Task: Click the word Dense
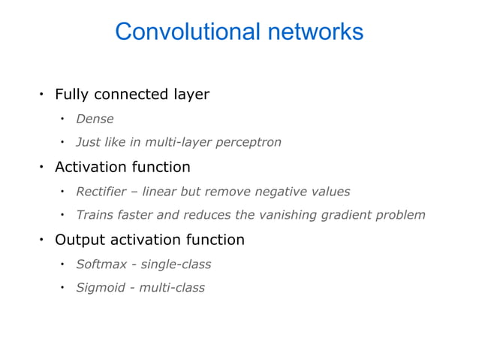[95, 119]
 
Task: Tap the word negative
[281, 192]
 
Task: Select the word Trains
[95, 216]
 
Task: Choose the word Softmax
[101, 265]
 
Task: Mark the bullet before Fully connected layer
[42, 95]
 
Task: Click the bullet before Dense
[64, 119]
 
